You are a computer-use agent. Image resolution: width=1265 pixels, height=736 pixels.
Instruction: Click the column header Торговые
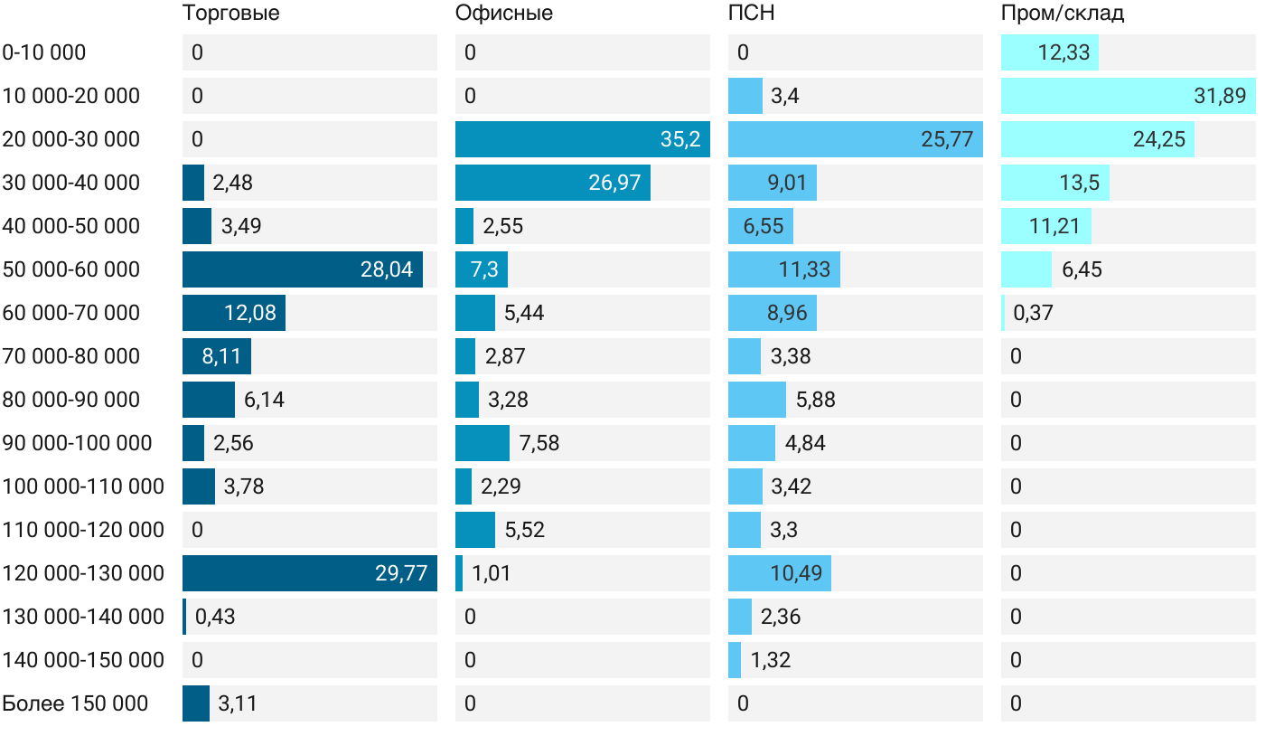pos(230,14)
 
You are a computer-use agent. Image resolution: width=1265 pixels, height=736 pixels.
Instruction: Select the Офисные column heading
pos(504,14)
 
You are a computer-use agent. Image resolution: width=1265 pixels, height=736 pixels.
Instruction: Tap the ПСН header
pos(752,14)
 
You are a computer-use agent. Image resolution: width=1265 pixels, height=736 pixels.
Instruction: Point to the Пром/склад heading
pos(1063,14)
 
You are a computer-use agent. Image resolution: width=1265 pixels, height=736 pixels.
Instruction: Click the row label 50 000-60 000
pos(71,269)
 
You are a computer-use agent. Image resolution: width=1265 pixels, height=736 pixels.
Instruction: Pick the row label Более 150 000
pos(75,703)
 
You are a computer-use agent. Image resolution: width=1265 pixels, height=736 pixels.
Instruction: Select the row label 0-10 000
pos(44,52)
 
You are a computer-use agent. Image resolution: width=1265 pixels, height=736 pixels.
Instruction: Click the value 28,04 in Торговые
pos(387,269)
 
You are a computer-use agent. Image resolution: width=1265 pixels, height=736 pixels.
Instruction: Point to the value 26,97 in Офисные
pos(614,183)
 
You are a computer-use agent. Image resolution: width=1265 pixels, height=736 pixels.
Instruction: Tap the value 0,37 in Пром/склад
pos(1034,313)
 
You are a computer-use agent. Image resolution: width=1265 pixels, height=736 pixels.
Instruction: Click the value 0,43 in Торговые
pos(215,617)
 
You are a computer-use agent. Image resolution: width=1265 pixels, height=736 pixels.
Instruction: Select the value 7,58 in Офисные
pos(539,443)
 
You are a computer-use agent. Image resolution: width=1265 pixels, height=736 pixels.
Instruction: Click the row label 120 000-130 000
pos(83,573)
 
